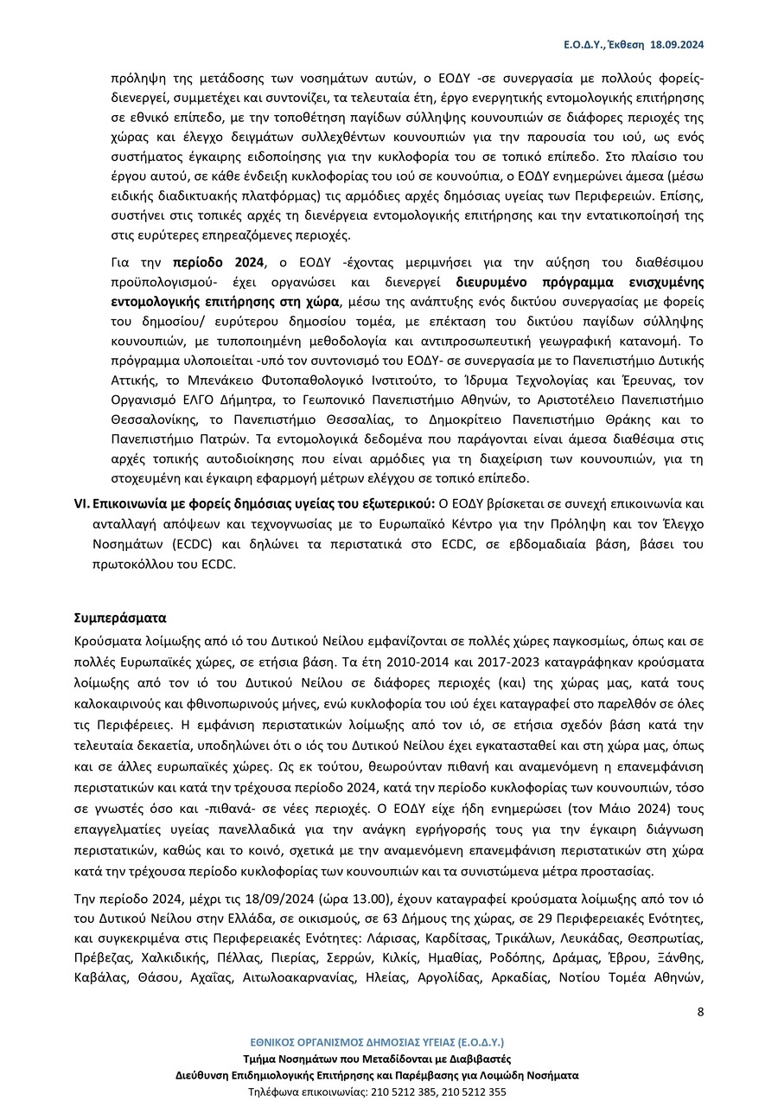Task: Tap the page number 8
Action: point(700,1012)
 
